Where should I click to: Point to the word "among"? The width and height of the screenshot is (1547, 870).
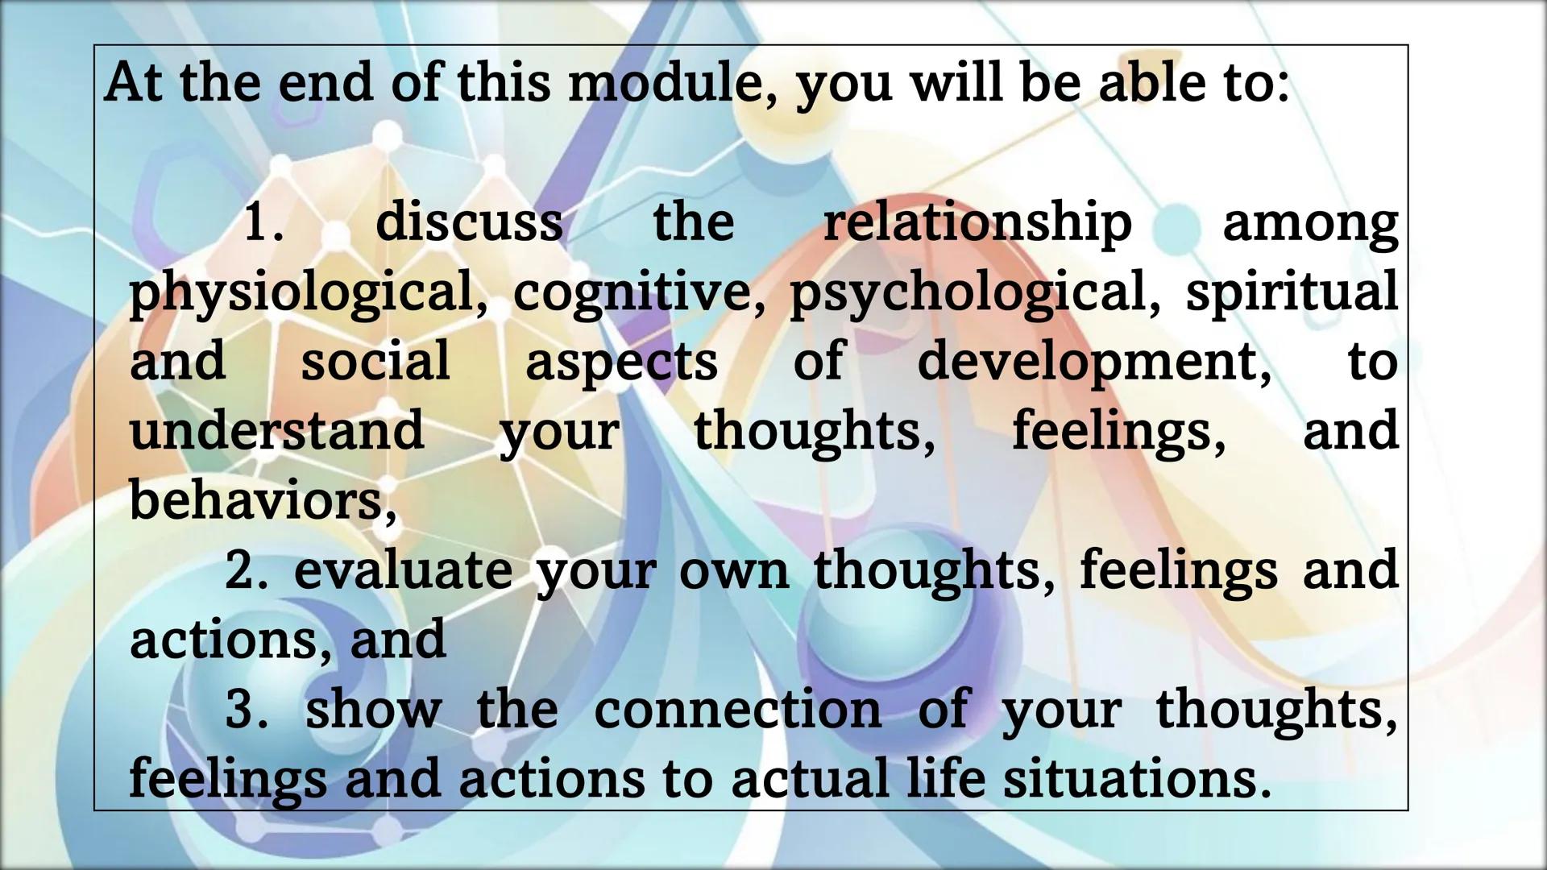tap(1310, 223)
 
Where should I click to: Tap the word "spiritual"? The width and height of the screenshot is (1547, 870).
tap(1292, 291)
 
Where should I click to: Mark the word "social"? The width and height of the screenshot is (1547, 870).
tap(375, 361)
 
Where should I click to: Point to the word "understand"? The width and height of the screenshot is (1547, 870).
tap(276, 430)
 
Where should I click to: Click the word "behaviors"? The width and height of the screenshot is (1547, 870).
tap(263, 500)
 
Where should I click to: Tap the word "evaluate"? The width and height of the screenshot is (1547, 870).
tap(403, 570)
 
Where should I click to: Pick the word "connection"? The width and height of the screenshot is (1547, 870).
tap(737, 709)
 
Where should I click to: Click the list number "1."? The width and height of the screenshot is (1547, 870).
tap(263, 222)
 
